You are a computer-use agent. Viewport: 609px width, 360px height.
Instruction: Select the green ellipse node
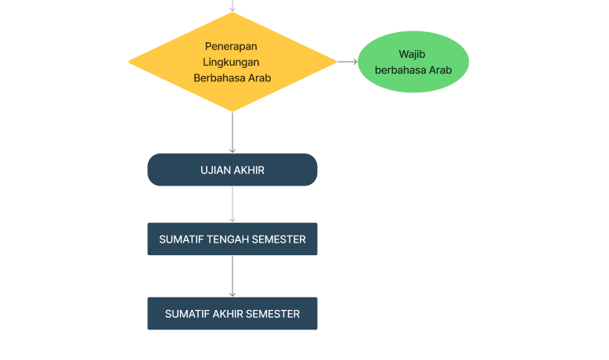click(413, 62)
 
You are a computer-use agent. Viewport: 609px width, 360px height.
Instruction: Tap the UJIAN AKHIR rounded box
click(232, 170)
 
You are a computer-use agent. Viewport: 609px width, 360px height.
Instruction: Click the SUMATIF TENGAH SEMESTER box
click(232, 239)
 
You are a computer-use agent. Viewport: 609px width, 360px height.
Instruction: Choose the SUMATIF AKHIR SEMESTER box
click(232, 313)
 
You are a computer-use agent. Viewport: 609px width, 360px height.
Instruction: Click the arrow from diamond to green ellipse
click(348, 62)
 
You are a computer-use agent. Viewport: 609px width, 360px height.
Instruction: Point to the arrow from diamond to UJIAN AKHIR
click(232, 132)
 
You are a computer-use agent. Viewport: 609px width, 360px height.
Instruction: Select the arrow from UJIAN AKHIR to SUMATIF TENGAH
click(232, 204)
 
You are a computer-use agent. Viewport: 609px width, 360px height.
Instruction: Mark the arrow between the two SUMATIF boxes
click(232, 276)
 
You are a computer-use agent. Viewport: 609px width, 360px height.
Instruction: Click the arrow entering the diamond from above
click(232, 5)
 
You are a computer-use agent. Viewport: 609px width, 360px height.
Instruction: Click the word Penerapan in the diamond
click(231, 47)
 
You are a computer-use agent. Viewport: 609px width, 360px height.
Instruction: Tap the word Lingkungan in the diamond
click(231, 63)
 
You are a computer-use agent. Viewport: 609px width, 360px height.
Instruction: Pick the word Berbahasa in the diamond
click(219, 78)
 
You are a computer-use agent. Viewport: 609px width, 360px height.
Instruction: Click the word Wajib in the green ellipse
click(412, 54)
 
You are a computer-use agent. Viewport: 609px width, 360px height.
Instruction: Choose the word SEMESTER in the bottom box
click(273, 314)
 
